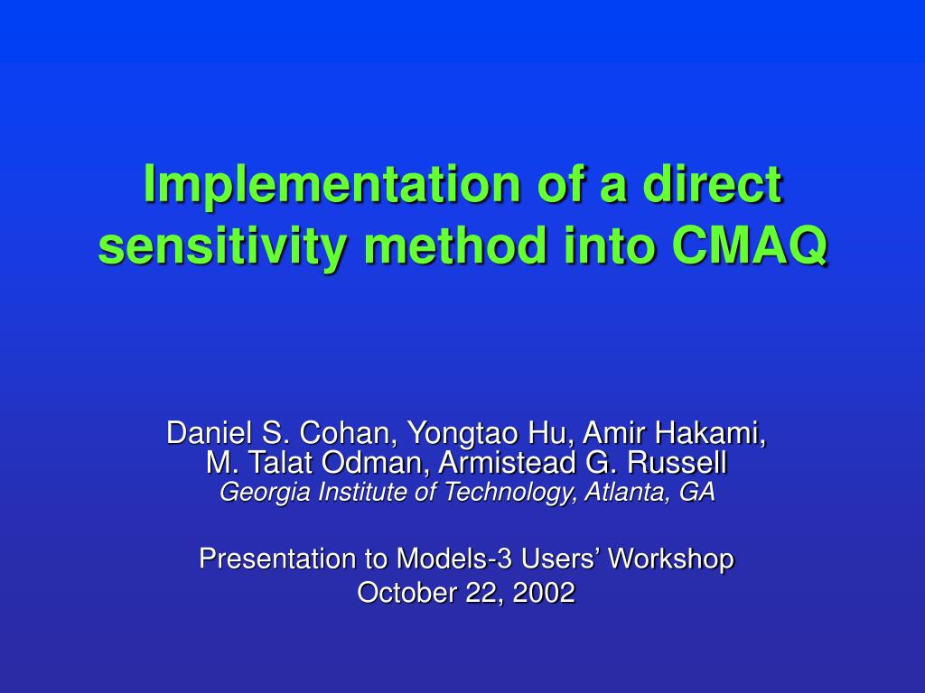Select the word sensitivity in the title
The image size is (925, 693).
pos(222,246)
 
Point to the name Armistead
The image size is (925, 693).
pos(507,462)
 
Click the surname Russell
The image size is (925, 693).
pos(677,462)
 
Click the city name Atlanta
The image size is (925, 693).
pos(627,492)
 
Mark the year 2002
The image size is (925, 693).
pos(544,592)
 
